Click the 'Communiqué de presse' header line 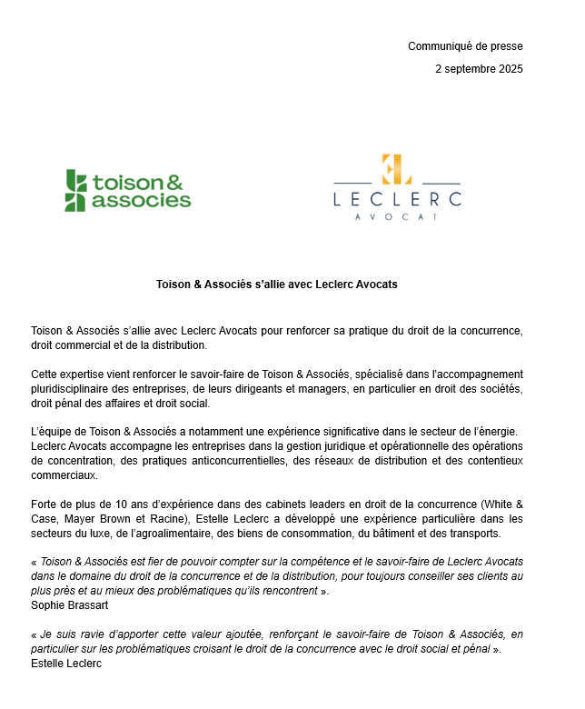(x=465, y=46)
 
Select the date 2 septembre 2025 (x=479, y=69)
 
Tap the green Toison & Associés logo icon (x=76, y=190)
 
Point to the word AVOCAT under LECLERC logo (x=397, y=217)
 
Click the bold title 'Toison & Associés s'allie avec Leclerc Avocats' (x=276, y=285)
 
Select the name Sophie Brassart (x=68, y=604)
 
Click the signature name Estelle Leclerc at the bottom (x=66, y=663)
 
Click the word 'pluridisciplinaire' (x=74, y=389)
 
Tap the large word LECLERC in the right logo (x=397, y=198)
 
